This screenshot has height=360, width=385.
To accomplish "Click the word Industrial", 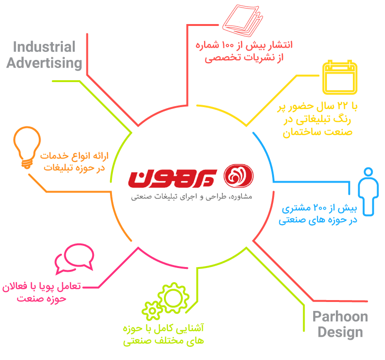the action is coord(44,47).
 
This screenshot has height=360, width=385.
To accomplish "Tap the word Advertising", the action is coord(44,63).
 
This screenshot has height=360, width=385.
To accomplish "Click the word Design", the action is coord(340,333).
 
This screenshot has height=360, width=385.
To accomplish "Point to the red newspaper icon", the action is coord(243,21).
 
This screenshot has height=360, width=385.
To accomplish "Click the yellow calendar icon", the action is coord(340,77).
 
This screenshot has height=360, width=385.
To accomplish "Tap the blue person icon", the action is coord(368,192).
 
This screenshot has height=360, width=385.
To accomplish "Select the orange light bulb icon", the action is coord(27,147).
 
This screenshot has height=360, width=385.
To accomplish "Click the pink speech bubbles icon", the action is coord(74,259).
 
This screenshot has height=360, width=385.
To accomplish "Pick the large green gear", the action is coord(173,298).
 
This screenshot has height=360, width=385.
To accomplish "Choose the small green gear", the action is coord(152,311).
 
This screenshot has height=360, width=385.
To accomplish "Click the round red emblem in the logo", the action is coord(239,176).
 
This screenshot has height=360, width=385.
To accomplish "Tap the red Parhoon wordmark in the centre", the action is coord(172,178).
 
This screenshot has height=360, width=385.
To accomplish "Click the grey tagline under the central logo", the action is coord(191,197).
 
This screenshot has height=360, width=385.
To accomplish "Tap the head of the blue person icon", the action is coord(368,172).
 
